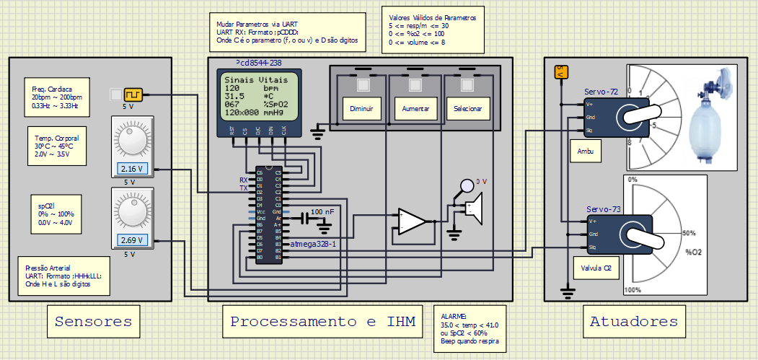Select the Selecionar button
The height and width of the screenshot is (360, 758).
tap(468, 109)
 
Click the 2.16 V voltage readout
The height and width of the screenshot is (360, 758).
tap(132, 170)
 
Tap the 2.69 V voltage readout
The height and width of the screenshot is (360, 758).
tap(132, 240)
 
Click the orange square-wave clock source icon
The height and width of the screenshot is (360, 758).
tap(133, 95)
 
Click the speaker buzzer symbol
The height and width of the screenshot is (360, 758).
tap(472, 208)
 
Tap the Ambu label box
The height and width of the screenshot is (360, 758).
tap(585, 152)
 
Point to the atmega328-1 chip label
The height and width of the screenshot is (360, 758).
tap(313, 244)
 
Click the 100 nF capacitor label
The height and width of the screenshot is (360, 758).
tap(322, 212)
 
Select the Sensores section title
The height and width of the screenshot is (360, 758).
tap(93, 322)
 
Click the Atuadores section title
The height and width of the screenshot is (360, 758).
tap(633, 322)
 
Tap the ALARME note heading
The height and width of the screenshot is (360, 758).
tap(454, 316)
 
